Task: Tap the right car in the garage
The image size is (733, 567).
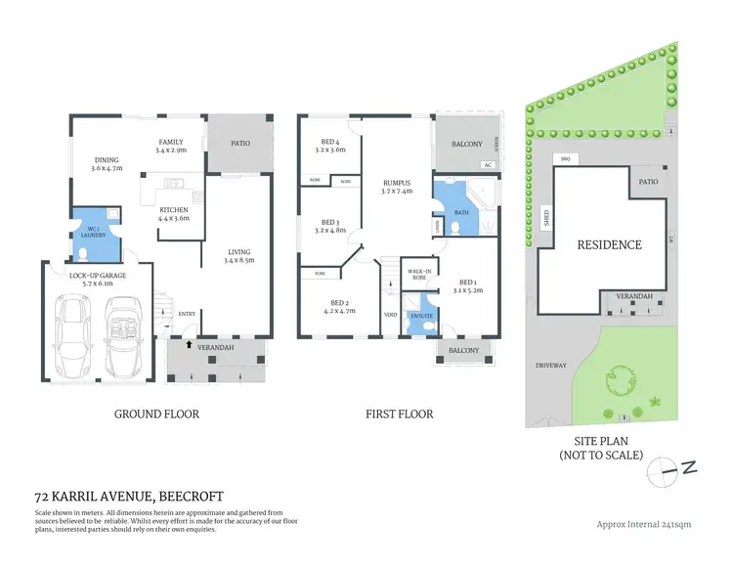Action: click(x=123, y=332)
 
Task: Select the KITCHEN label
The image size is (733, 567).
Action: click(x=174, y=210)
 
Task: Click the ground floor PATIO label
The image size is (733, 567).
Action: click(x=239, y=143)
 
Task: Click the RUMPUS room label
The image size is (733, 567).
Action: click(x=396, y=183)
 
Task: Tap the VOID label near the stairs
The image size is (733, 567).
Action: click(x=391, y=315)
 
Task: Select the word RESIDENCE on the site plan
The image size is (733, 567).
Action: click(x=609, y=244)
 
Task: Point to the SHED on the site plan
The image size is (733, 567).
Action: click(x=545, y=218)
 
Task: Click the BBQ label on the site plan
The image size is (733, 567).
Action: click(x=563, y=158)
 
